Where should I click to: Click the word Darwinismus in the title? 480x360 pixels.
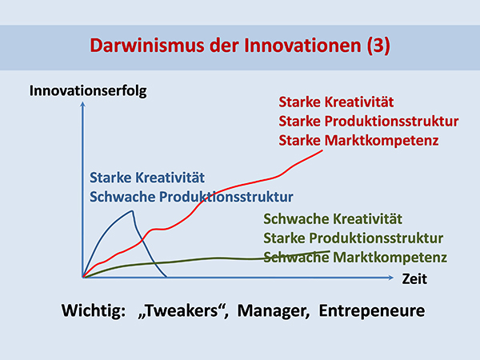(x=147, y=46)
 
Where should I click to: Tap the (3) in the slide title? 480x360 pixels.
(x=378, y=46)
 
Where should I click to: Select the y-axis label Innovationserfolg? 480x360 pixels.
(x=88, y=91)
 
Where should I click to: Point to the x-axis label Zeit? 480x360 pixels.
(x=414, y=279)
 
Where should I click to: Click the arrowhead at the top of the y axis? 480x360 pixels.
(x=82, y=104)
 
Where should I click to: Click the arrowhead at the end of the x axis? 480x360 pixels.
(x=391, y=278)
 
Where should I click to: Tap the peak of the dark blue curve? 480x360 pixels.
(x=132, y=210)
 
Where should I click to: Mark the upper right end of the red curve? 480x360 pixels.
(x=322, y=150)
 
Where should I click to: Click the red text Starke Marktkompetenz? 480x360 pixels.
(x=358, y=141)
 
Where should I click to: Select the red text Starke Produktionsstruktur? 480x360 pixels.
(x=369, y=122)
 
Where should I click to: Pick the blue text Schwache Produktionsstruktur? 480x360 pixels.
(x=191, y=197)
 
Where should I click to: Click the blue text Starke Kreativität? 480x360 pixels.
(x=147, y=178)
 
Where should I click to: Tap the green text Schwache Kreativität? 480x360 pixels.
(x=333, y=219)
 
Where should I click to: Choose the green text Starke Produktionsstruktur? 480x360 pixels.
(x=354, y=238)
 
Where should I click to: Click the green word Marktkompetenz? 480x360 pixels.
(x=390, y=258)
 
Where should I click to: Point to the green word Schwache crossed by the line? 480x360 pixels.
(x=296, y=258)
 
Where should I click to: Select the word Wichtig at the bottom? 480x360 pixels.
(x=94, y=311)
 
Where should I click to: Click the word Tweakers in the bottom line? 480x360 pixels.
(x=183, y=311)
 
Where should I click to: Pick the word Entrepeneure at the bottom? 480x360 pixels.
(x=372, y=311)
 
